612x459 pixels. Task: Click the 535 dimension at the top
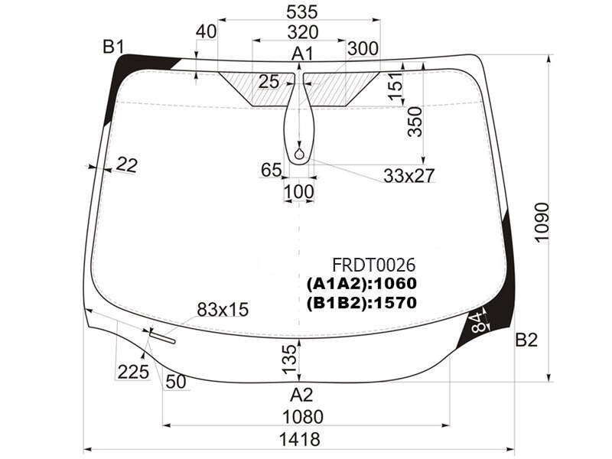point(301,12)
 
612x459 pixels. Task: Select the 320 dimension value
point(303,32)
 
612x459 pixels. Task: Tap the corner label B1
point(113,47)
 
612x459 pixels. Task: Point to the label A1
point(302,54)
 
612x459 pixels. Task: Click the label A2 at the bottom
point(301,396)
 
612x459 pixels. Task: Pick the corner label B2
point(526,340)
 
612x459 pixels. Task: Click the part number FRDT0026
point(373,265)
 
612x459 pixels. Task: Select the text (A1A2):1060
point(362,284)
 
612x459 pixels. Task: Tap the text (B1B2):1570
point(362,303)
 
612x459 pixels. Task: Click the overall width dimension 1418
point(300,439)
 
